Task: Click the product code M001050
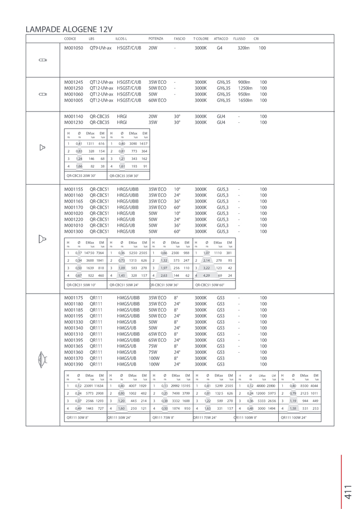pos(74,48)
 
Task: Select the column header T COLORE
pos(201,39)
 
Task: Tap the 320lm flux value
pos(243,48)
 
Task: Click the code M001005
pos(74,100)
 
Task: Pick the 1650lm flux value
pos(245,100)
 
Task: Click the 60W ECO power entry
pos(157,100)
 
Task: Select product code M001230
pos(74,123)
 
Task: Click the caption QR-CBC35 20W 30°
pos(81,176)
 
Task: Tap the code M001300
pos(74,231)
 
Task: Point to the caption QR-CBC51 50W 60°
pos(210,284)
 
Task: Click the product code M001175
pos(74,298)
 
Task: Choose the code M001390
pos(74,364)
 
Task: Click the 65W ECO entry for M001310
pos(157,334)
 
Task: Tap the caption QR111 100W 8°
pos(246,417)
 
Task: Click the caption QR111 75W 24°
pos(205,417)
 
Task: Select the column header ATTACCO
pos(221,39)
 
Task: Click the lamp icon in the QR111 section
pos(42,360)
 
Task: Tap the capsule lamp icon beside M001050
pos(43,60)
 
